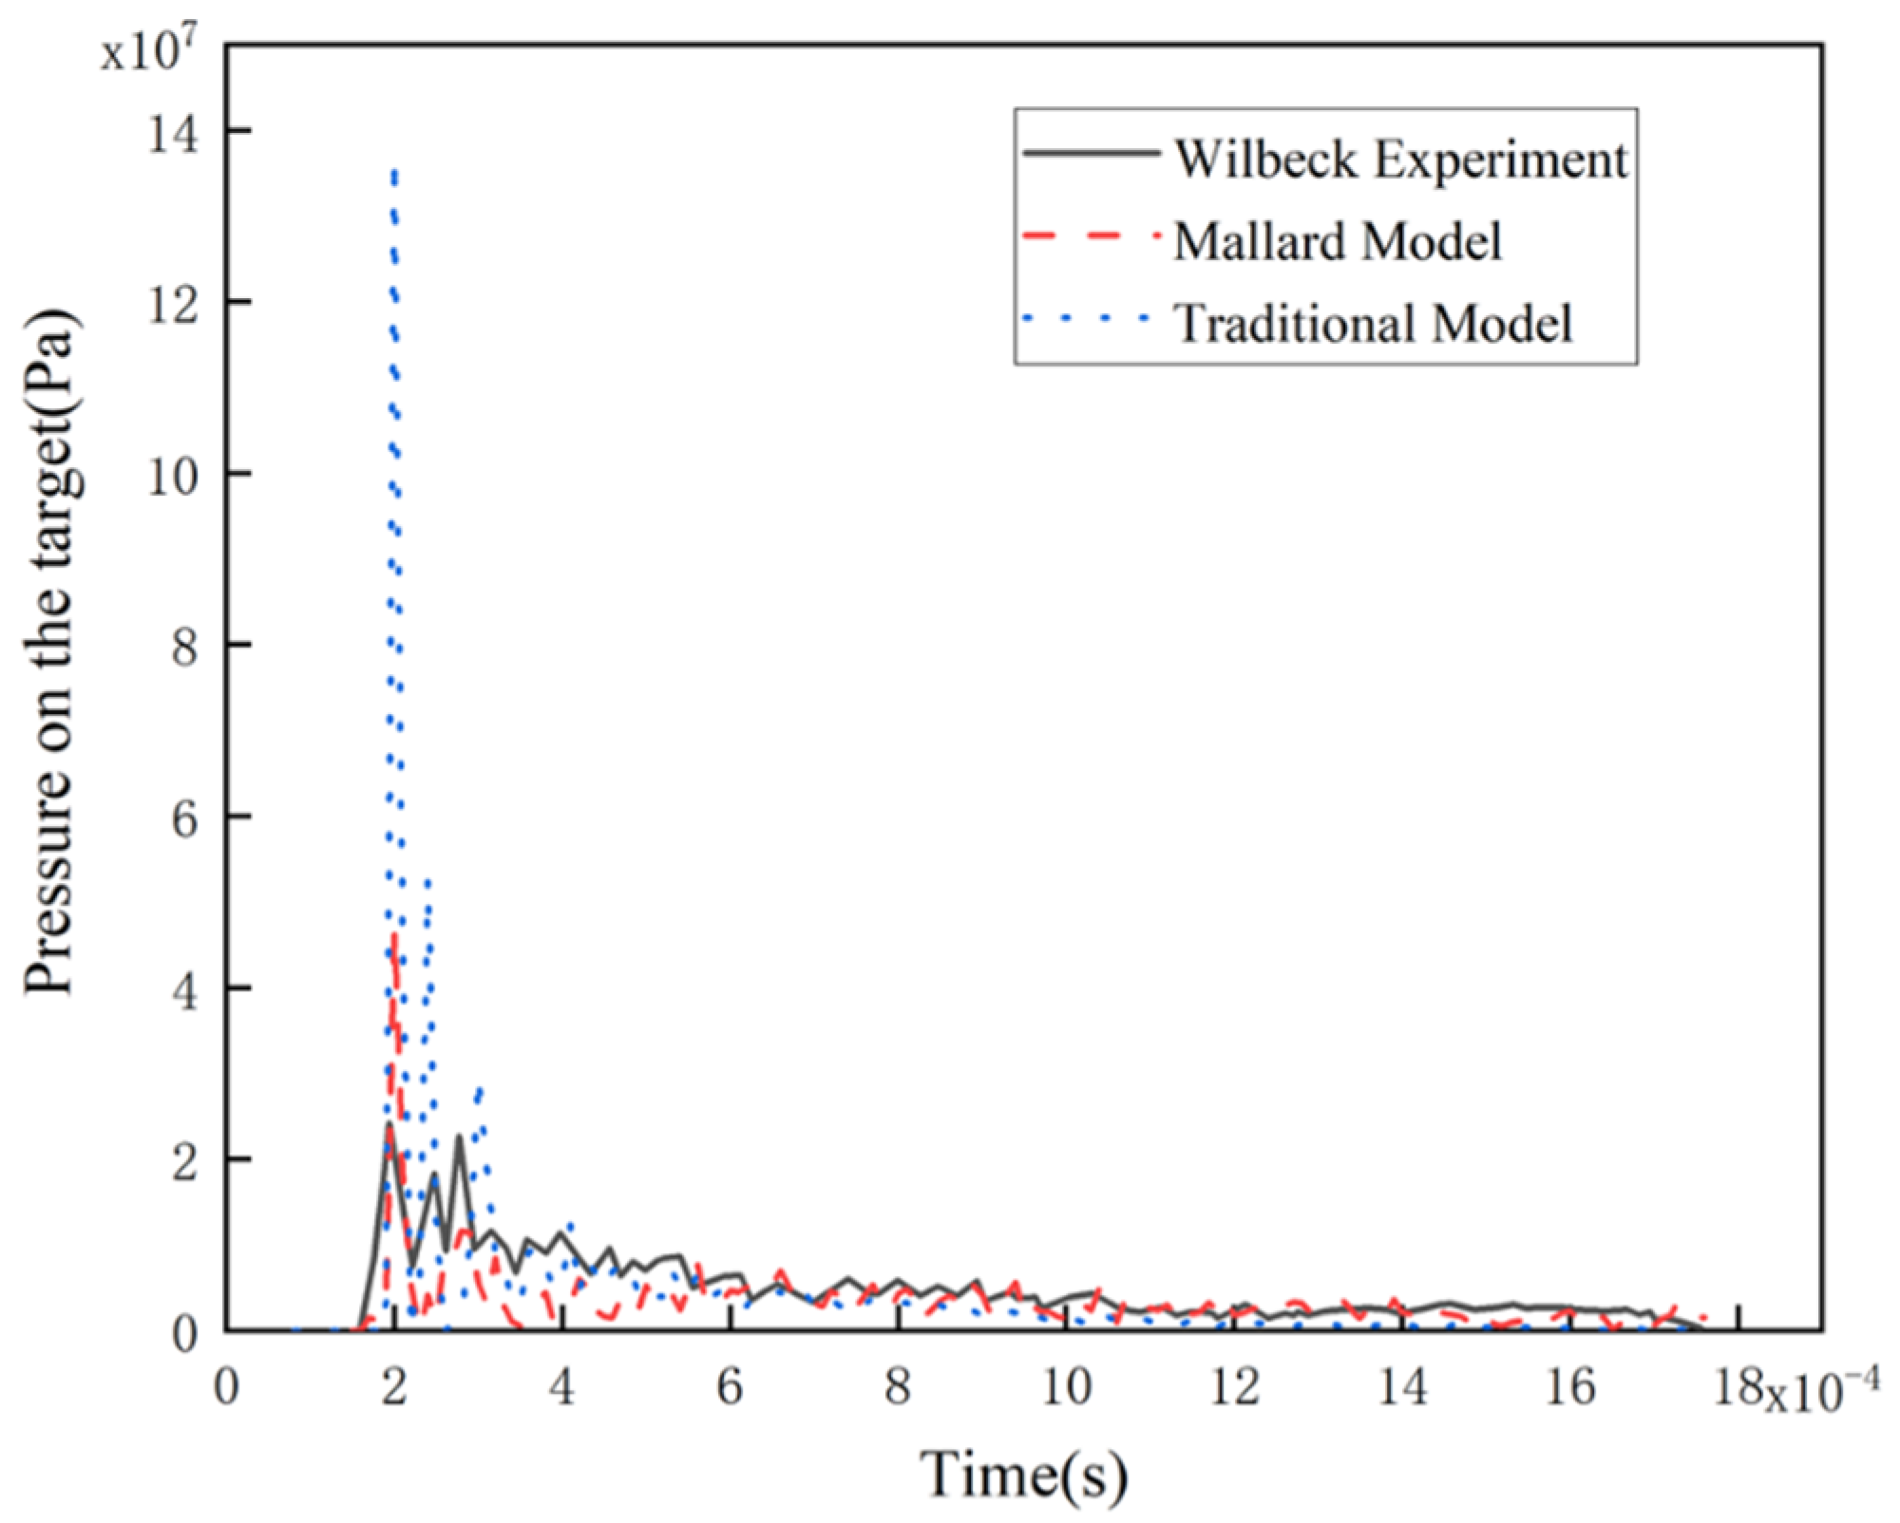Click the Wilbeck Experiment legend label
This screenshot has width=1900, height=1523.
(x=1400, y=159)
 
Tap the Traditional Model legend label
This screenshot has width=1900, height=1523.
(x=1373, y=323)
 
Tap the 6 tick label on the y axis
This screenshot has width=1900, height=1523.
(x=184, y=817)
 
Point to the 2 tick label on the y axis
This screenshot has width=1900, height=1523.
(x=184, y=1160)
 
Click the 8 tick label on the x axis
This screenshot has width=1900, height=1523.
(x=898, y=1387)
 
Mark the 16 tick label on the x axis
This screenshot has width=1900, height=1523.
(x=1570, y=1387)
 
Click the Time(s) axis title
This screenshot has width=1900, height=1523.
(x=1023, y=1475)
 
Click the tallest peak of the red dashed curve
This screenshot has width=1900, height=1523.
(x=394, y=935)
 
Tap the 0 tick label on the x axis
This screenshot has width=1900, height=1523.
(x=226, y=1387)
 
